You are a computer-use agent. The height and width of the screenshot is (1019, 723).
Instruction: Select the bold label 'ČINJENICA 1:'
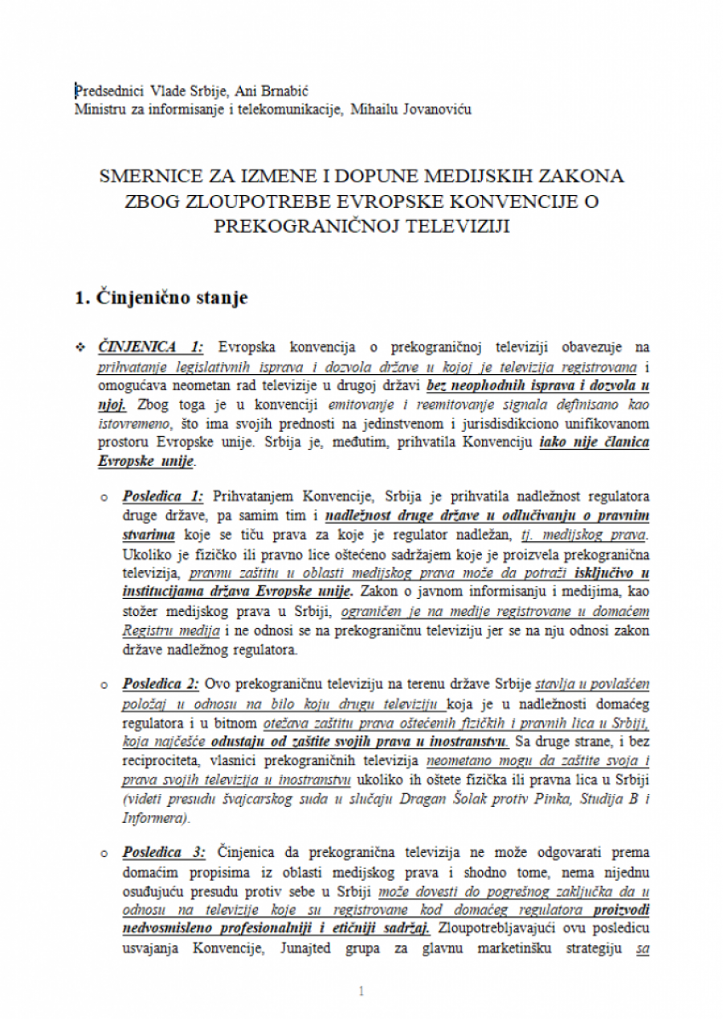pos(150,347)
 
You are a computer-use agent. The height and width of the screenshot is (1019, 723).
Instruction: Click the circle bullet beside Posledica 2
pos(104,685)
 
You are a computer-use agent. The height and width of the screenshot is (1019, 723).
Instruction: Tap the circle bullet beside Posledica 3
pos(104,853)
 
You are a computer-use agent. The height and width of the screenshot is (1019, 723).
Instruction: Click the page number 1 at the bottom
pos(361,992)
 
